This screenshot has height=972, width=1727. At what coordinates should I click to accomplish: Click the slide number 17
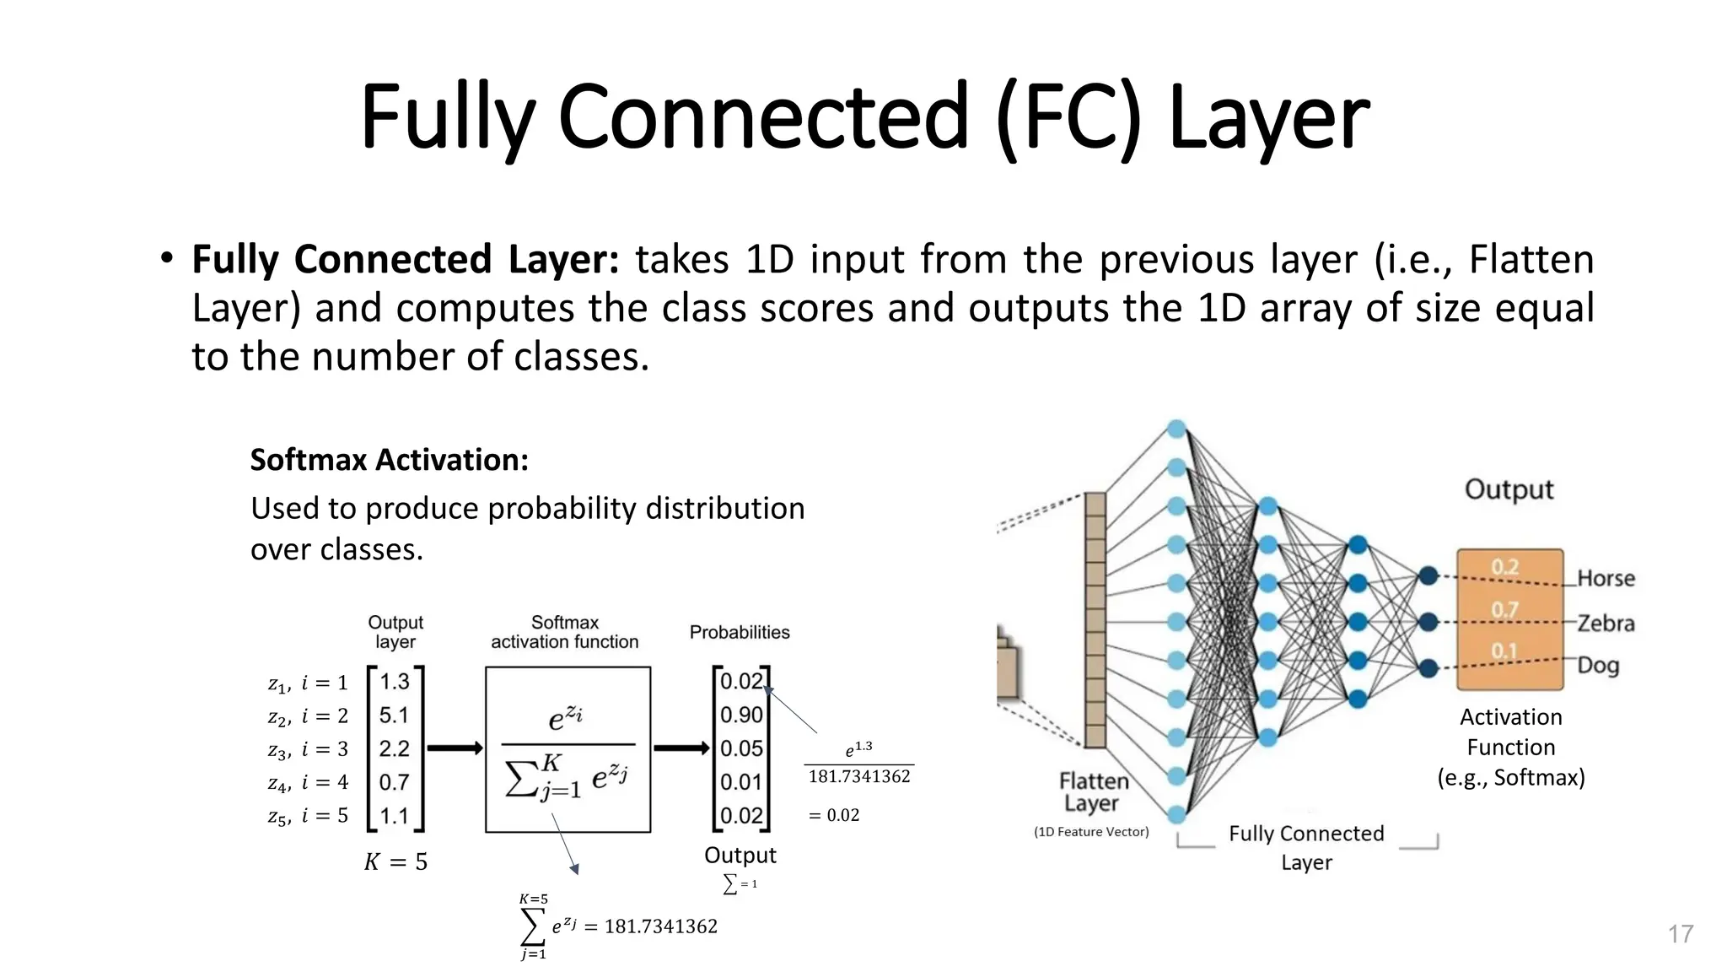pyautogui.click(x=1680, y=934)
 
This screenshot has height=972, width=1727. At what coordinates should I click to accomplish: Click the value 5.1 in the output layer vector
pyautogui.click(x=394, y=715)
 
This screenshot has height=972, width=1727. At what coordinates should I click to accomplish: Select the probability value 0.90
pyautogui.click(x=741, y=715)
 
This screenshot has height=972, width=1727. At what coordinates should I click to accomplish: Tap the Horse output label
pyautogui.click(x=1606, y=579)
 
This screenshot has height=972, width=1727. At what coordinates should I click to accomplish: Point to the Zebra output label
pyautogui.click(x=1606, y=624)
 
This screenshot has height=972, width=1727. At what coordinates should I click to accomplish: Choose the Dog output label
pyautogui.click(x=1598, y=666)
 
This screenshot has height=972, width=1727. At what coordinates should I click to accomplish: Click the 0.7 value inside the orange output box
pyautogui.click(x=1504, y=610)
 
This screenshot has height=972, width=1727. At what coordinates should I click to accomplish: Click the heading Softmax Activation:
pyautogui.click(x=389, y=460)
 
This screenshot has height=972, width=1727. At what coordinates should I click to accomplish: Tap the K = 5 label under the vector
pyautogui.click(x=395, y=862)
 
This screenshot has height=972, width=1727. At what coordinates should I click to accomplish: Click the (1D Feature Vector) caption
pyautogui.click(x=1091, y=832)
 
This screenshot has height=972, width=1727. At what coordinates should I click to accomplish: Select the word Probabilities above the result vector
pyautogui.click(x=740, y=633)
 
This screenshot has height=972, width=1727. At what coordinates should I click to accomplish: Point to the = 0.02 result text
pyautogui.click(x=834, y=815)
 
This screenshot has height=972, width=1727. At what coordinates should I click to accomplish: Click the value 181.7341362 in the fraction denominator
pyautogui.click(x=859, y=777)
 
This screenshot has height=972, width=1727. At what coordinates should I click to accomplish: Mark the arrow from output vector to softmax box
pyautogui.click(x=455, y=748)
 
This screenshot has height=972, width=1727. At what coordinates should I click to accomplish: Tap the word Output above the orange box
pyautogui.click(x=1509, y=490)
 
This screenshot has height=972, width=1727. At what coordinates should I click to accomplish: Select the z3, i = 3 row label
pyautogui.click(x=308, y=750)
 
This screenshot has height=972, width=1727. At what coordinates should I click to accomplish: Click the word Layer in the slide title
pyautogui.click(x=1268, y=117)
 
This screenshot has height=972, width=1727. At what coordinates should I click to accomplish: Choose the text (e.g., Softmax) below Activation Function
pyautogui.click(x=1510, y=777)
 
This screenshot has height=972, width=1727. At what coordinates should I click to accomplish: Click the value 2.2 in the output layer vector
pyautogui.click(x=394, y=749)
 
